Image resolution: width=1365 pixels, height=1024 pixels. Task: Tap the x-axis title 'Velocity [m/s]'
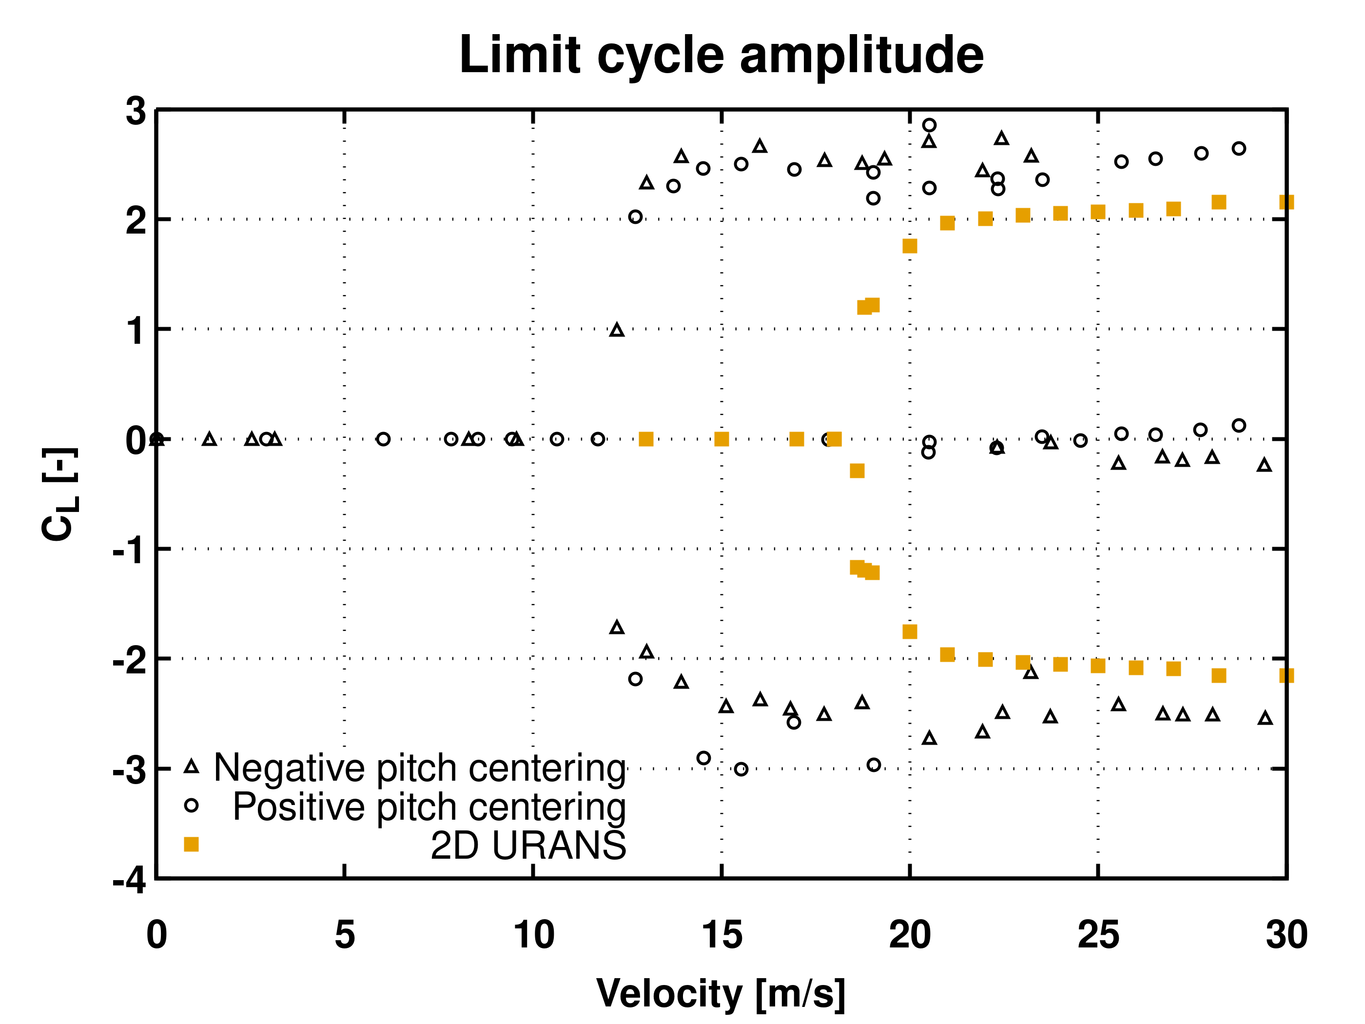(x=721, y=993)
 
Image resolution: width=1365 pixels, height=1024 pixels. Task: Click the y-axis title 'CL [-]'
(x=59, y=494)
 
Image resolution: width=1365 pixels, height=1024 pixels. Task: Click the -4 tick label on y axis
(x=130, y=880)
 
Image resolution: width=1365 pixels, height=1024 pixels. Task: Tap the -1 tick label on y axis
(x=130, y=550)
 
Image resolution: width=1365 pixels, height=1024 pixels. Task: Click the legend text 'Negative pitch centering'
(x=420, y=768)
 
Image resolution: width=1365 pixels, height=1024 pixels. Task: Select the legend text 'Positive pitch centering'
(x=429, y=807)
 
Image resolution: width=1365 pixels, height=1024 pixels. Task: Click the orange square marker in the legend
(x=191, y=845)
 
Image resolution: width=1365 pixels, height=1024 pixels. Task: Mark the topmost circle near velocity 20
(x=929, y=125)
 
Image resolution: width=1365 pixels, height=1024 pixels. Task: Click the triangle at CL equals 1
(x=617, y=330)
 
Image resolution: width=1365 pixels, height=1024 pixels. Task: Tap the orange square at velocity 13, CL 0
(x=646, y=439)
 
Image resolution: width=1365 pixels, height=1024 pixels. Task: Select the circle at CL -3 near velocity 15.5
(x=741, y=769)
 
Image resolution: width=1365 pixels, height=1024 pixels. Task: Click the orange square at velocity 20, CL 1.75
(x=910, y=246)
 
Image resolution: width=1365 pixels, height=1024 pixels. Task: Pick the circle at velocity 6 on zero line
(x=383, y=439)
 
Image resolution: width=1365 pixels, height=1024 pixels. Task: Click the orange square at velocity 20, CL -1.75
(x=910, y=631)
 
